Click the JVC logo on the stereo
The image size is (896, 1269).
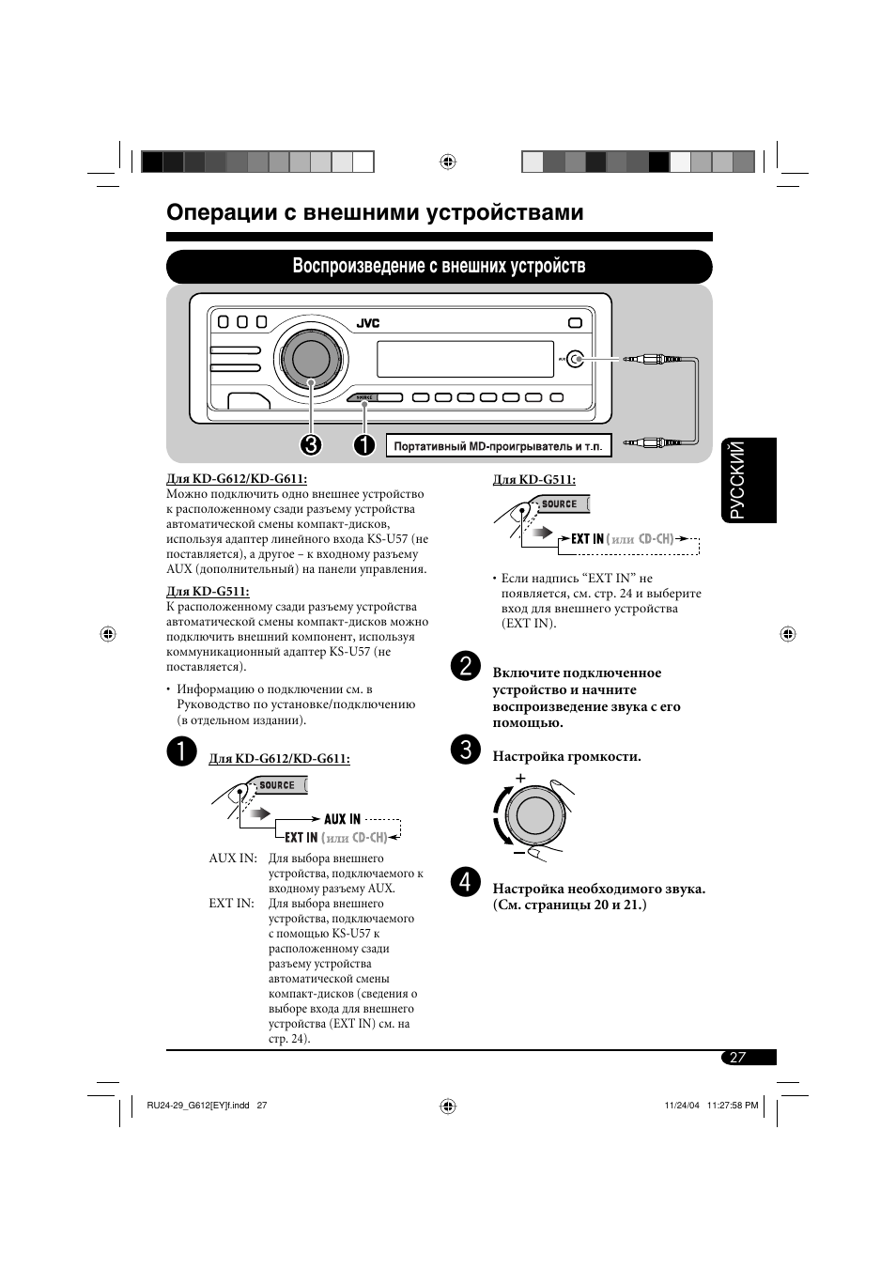click(367, 323)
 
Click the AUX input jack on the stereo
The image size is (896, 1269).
click(576, 359)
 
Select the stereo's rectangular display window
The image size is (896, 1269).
click(465, 359)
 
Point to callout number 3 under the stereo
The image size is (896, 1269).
click(310, 444)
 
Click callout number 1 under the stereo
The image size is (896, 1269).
click(364, 444)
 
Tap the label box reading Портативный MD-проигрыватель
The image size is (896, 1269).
click(499, 445)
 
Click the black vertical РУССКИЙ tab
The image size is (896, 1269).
click(749, 480)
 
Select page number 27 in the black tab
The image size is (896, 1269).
click(738, 1057)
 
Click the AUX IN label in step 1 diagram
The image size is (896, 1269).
click(342, 819)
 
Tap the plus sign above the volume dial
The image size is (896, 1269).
click(520, 778)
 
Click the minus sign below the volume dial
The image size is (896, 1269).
click(518, 853)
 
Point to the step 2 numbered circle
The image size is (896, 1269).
click(466, 666)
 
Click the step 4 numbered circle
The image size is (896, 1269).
click(466, 882)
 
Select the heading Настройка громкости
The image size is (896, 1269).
click(567, 756)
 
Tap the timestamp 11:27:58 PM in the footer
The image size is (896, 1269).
click(733, 1105)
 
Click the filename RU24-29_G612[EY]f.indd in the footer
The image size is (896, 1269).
click(197, 1105)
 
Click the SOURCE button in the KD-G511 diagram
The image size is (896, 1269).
click(560, 503)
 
